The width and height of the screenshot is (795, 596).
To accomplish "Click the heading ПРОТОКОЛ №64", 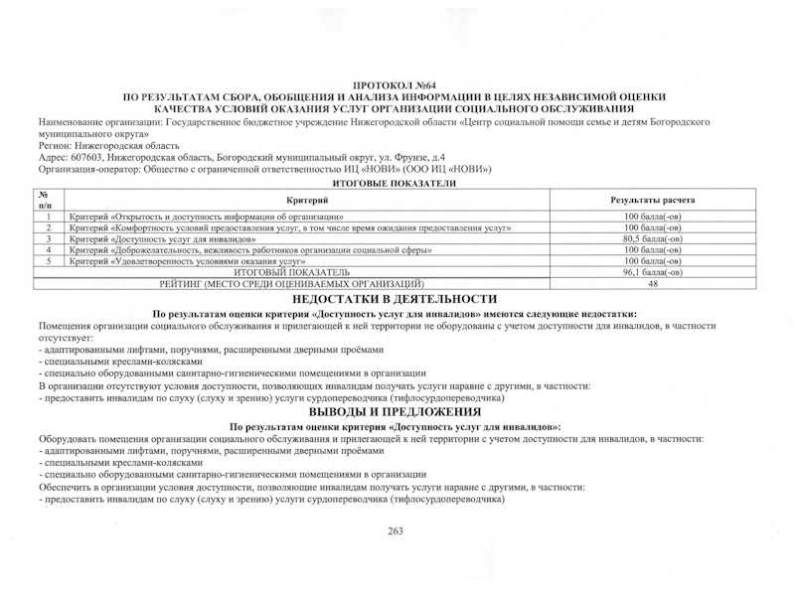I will (x=395, y=87).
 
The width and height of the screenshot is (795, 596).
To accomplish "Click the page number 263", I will (x=396, y=531).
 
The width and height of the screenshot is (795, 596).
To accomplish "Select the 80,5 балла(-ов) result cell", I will (x=652, y=238).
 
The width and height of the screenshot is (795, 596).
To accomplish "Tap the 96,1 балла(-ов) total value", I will (x=652, y=271).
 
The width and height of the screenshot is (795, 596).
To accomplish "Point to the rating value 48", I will (x=652, y=283).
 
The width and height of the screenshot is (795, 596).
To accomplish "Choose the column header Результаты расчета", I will (x=652, y=200).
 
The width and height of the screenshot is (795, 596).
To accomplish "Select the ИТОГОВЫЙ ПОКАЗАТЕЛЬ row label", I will (x=291, y=271).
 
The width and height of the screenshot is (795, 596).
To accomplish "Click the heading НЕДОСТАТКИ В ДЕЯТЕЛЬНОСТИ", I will (x=395, y=298).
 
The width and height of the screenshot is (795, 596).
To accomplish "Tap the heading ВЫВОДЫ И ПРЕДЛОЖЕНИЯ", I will (x=395, y=411).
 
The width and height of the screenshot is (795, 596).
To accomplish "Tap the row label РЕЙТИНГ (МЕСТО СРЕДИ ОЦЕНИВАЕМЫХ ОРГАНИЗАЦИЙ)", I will (x=291, y=283).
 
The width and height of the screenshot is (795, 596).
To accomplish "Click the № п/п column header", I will (x=46, y=200).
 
